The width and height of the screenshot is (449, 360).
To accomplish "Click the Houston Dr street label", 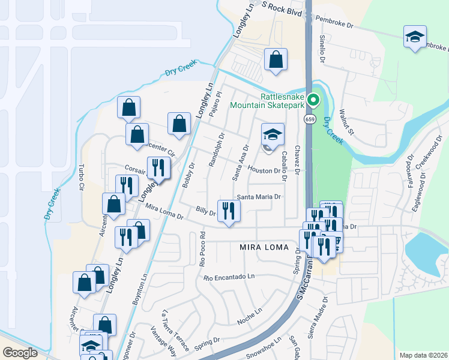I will (x=265, y=170).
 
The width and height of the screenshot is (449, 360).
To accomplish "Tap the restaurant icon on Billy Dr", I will (x=229, y=211).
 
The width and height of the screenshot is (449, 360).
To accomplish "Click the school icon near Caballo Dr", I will (x=272, y=135).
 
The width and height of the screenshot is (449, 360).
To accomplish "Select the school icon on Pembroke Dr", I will (x=415, y=37).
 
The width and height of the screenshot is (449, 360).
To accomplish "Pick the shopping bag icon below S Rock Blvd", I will (x=276, y=59).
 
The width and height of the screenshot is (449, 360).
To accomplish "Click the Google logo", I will (x=20, y=352).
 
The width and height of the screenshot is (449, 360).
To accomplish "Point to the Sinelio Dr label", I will (x=322, y=50).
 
